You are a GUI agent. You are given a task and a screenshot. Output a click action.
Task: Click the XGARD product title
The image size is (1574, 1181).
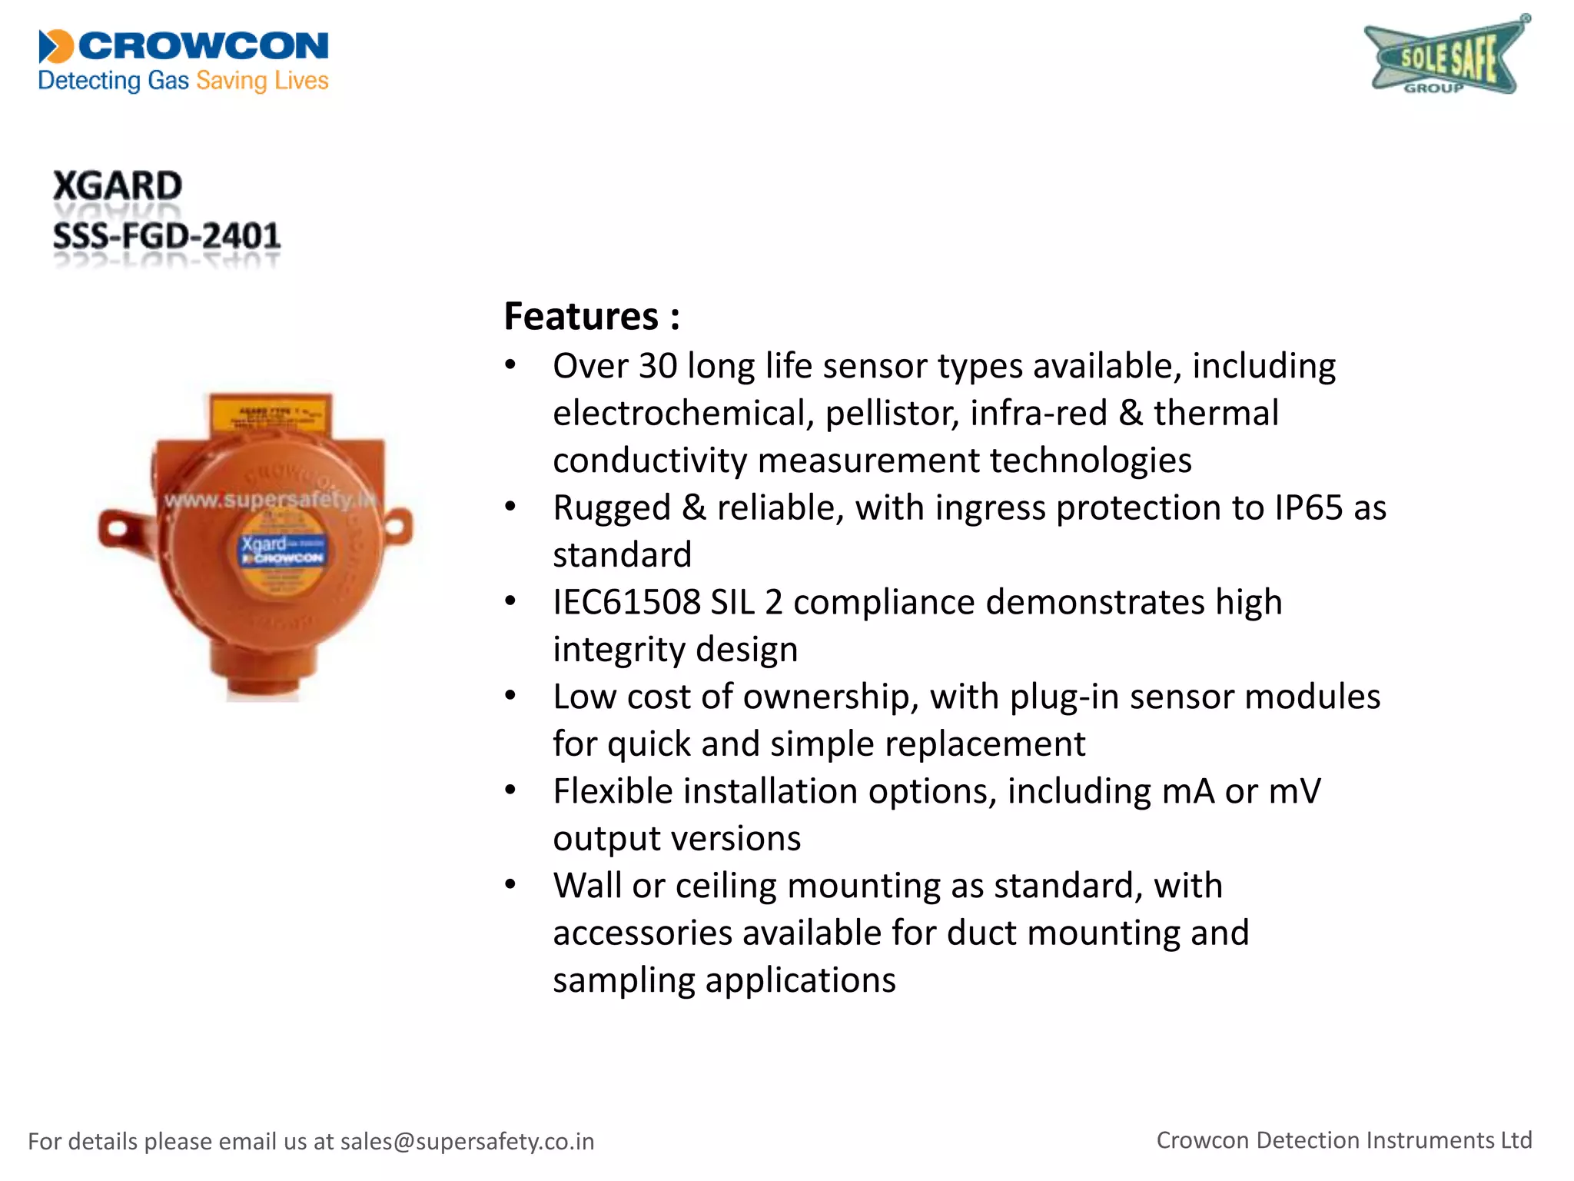coord(118,186)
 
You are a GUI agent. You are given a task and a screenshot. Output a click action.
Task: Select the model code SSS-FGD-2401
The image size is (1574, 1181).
coord(167,236)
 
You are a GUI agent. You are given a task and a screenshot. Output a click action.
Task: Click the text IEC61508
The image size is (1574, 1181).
coord(626,603)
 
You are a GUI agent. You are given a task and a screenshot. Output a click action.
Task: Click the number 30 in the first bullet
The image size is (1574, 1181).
coord(658,366)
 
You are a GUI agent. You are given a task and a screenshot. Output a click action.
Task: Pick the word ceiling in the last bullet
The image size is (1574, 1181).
coord(726,886)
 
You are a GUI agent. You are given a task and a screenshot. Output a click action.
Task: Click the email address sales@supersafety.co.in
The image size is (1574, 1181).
coord(467,1142)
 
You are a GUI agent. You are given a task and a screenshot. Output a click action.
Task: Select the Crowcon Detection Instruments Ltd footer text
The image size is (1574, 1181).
coord(1344,1140)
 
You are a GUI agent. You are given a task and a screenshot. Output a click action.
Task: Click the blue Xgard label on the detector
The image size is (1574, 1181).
coord(282,549)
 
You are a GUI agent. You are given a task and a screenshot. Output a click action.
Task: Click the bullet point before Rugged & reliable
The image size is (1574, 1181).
coord(510,507)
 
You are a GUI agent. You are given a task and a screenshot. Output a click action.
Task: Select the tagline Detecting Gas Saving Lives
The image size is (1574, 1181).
coord(183,81)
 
